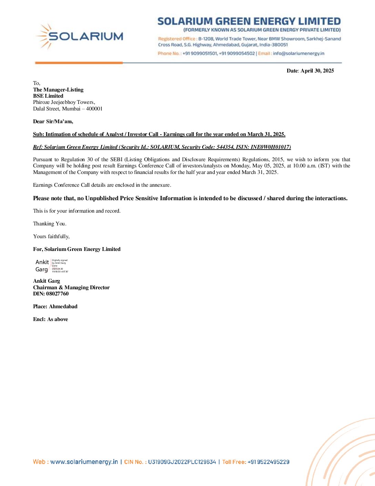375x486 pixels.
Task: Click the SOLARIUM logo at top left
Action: click(79, 36)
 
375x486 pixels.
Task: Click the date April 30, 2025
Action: click(317, 71)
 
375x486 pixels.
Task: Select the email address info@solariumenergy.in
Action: click(298, 54)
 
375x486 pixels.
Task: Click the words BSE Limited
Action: click(48, 96)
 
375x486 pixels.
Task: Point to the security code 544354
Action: click(225, 147)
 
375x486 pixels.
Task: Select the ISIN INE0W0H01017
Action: click(270, 147)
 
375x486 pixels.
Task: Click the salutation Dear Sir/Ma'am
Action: click(53, 121)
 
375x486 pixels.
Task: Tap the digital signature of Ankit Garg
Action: click(51, 266)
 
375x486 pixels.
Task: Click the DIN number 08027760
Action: click(57, 294)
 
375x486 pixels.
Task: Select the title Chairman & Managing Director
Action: click(71, 288)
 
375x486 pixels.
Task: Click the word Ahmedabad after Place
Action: click(63, 307)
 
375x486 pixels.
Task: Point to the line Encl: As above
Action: click(50, 319)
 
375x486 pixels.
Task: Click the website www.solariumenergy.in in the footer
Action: click(84, 462)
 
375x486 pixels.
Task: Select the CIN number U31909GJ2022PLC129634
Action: click(182, 462)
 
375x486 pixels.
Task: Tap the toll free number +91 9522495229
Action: click(268, 462)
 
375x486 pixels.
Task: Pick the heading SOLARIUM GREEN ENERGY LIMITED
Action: click(249, 21)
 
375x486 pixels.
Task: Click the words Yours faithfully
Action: click(51, 236)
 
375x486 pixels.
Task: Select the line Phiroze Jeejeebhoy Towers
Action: click(64, 102)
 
